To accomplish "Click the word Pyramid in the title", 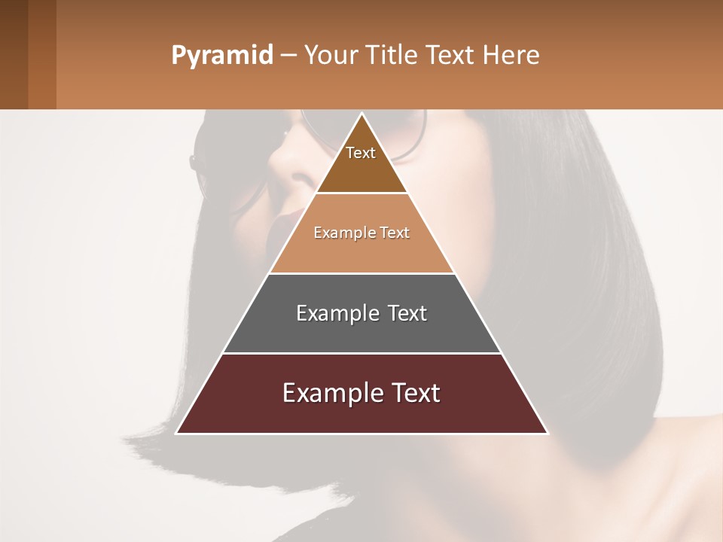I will (x=221, y=56).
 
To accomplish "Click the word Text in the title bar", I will (x=453, y=56).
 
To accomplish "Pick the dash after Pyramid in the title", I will (x=288, y=56).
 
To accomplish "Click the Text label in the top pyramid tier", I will (x=361, y=153).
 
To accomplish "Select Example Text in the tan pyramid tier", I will (x=361, y=233).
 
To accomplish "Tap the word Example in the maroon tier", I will (x=329, y=393).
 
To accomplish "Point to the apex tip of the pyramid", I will (x=361, y=114).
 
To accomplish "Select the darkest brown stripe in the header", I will (x=14, y=54).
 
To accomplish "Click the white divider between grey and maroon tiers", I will (x=361, y=353).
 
